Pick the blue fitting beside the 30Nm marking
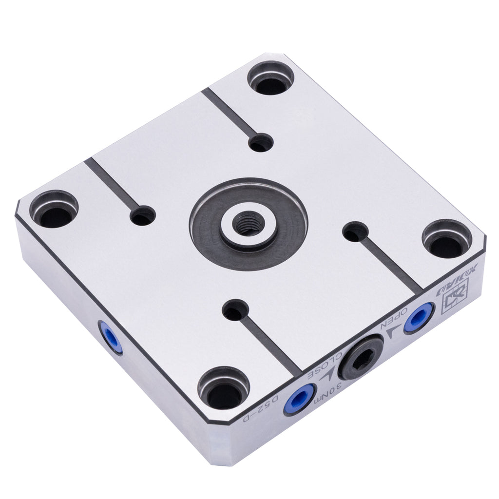coord(299,399)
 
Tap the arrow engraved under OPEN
coord(393,333)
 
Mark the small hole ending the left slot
coord(143,215)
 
